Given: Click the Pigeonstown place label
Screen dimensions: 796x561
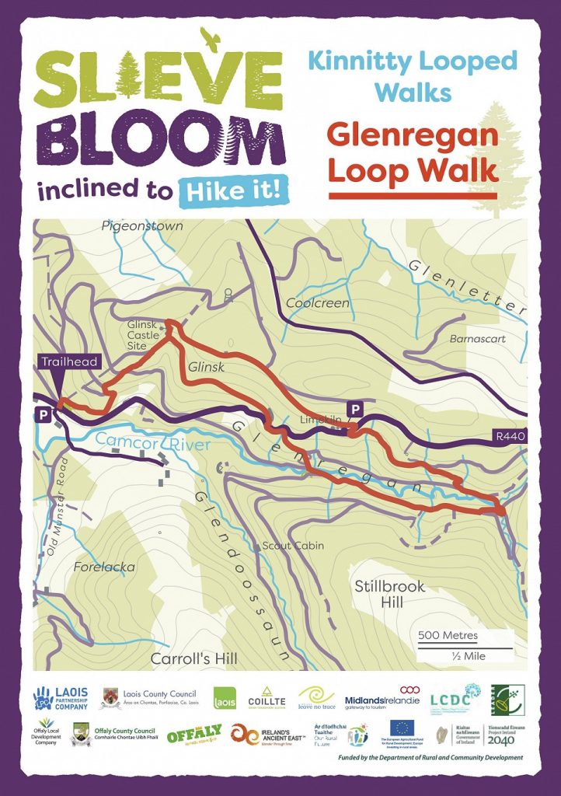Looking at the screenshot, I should click(x=142, y=226).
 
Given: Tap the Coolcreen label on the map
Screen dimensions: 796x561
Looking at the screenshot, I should click(x=318, y=303).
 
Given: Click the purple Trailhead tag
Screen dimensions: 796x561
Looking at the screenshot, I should click(x=59, y=362).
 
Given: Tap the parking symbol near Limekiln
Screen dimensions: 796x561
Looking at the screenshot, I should click(x=355, y=409).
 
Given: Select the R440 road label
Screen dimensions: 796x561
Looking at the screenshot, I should click(x=510, y=437).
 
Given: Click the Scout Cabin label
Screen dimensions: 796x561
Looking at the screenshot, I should click(x=293, y=546).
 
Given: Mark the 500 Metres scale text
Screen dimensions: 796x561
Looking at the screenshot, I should click(x=448, y=635).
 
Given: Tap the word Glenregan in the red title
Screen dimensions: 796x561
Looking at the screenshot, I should click(x=413, y=134).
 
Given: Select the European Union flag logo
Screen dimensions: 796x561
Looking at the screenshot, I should click(x=402, y=728).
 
